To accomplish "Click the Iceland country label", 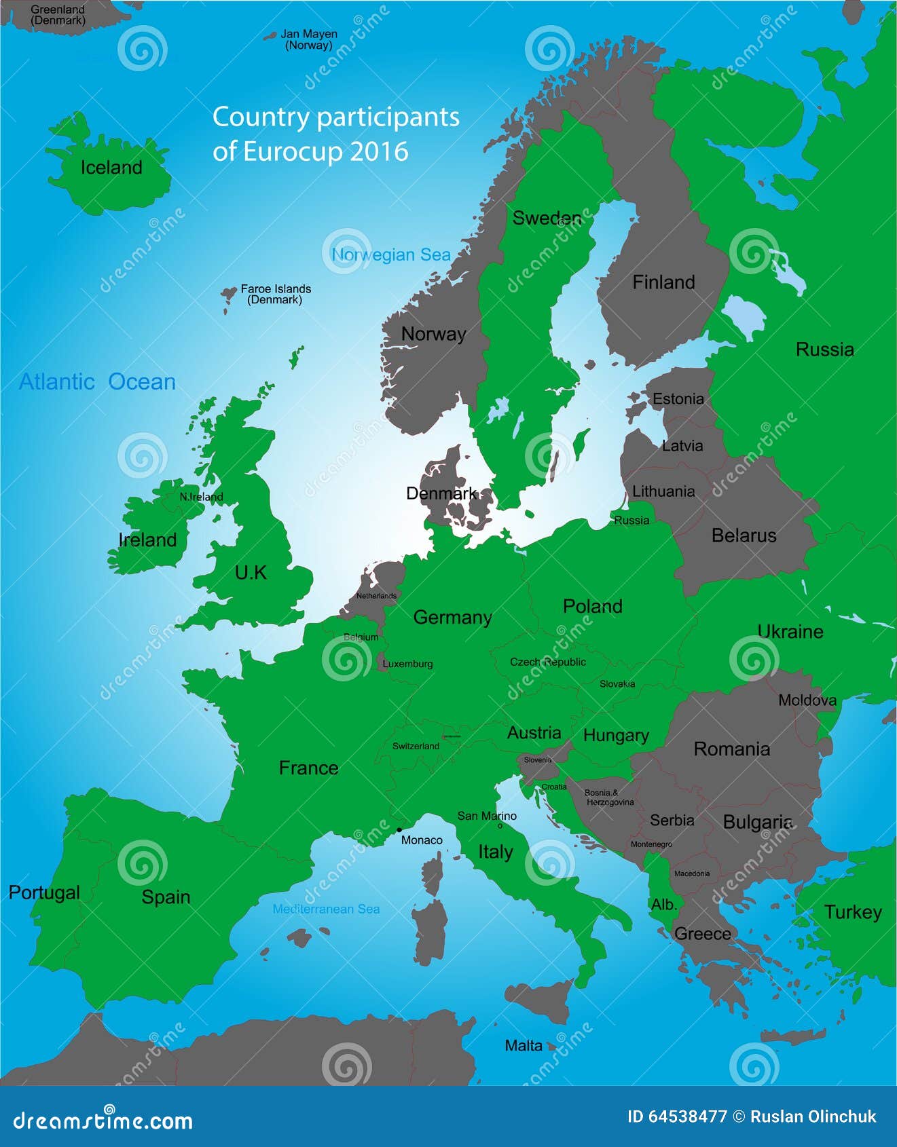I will click(x=111, y=168).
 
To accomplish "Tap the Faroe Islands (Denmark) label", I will click(x=275, y=294).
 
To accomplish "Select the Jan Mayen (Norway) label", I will click(x=309, y=39).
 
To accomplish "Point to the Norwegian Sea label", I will click(x=391, y=255).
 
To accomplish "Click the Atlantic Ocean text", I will click(x=97, y=381).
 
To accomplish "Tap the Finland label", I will click(x=663, y=282).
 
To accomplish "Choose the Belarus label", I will click(x=744, y=535).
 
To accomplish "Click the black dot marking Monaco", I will click(x=399, y=829).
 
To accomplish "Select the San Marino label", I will click(x=487, y=816).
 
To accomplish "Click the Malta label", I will click(x=524, y=1046).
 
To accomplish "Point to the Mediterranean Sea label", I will click(x=326, y=909).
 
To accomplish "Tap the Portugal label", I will click(x=44, y=892).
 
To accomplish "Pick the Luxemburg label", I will click(x=407, y=664).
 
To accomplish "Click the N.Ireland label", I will click(x=201, y=497).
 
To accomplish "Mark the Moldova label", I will click(x=807, y=700).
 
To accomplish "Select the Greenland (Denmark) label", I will click(x=58, y=15).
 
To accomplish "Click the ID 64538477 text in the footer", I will click(x=676, y=1116).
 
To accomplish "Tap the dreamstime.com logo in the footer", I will click(x=103, y=1121).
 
